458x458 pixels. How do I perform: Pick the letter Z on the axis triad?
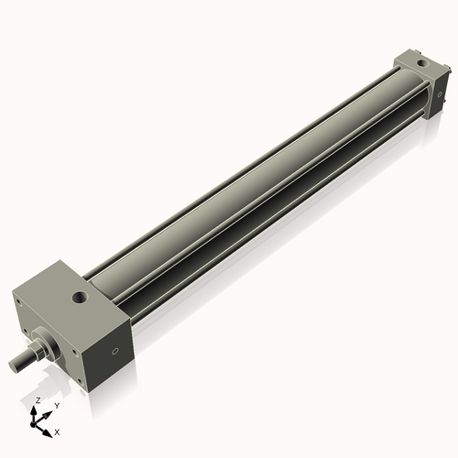38,400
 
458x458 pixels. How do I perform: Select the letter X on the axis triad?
58,431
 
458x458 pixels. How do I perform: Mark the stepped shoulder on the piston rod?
34,353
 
